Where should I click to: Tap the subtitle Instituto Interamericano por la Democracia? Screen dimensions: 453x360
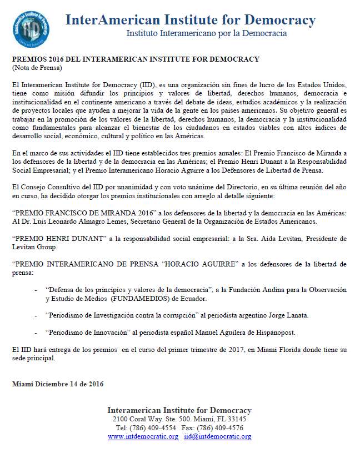[x=206, y=34]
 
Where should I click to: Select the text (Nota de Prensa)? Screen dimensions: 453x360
[x=37, y=68]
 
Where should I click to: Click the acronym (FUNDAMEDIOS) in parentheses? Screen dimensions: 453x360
[x=136, y=299]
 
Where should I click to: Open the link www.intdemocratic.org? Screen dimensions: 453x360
[x=143, y=437]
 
